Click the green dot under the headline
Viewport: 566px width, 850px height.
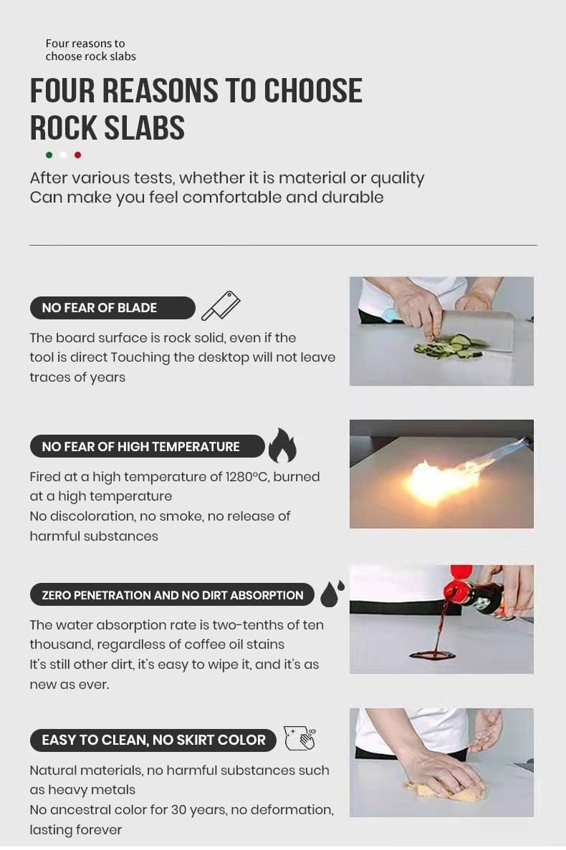coord(49,155)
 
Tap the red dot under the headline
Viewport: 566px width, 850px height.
coord(77,155)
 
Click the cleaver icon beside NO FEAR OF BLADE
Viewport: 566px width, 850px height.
coord(221,306)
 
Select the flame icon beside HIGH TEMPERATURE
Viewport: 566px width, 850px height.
coord(282,445)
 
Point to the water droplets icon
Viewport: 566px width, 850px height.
coord(332,594)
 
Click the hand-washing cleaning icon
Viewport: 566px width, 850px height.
coord(299,738)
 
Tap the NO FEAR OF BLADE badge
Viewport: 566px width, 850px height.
coord(112,308)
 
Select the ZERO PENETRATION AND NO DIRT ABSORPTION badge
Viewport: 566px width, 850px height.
coord(173,594)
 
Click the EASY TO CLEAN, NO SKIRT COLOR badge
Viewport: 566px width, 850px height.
coord(153,740)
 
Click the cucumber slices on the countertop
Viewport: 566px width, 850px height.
coord(449,347)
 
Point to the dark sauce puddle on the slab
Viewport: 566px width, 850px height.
coord(432,655)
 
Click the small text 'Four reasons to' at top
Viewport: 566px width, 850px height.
coord(85,44)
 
